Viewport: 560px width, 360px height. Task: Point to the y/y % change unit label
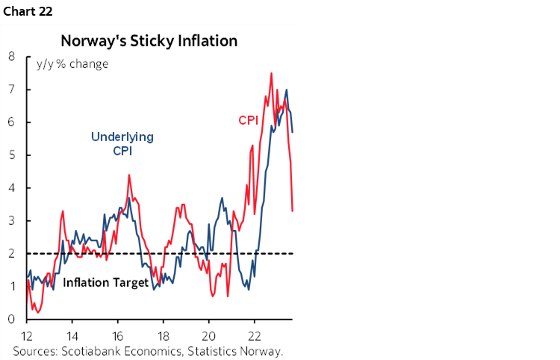tap(72, 63)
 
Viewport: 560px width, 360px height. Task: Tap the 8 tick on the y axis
tap(12, 56)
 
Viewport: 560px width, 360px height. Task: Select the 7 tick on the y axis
tap(12, 89)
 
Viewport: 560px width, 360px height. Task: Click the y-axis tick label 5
tap(12, 155)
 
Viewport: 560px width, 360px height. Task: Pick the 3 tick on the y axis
tap(12, 220)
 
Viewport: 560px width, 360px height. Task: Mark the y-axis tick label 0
tap(12, 320)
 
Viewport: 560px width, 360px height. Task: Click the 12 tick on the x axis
tap(28, 335)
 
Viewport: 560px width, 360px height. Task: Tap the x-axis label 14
tap(72, 335)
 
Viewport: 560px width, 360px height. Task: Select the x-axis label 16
tap(118, 335)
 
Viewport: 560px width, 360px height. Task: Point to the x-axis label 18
tap(164, 335)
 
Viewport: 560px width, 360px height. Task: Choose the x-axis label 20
tap(209, 335)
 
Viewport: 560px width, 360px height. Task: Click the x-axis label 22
tap(255, 335)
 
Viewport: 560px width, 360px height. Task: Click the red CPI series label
tap(248, 120)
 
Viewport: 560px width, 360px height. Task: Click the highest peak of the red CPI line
tap(271, 73)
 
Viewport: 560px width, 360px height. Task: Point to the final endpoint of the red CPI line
tap(292, 211)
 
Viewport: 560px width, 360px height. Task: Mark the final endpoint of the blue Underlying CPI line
tap(292, 132)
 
